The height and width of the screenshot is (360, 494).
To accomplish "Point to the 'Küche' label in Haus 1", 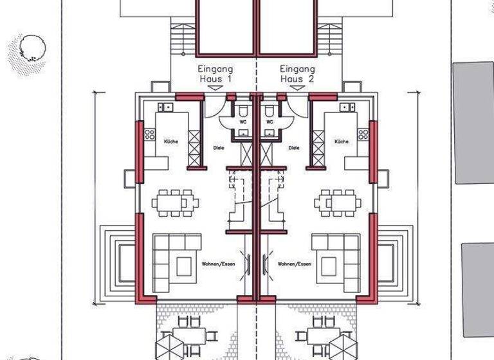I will (171, 141).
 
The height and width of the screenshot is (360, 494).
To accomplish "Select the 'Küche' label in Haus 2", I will (342, 141).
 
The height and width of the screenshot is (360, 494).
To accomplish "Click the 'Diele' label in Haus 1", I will (219, 147).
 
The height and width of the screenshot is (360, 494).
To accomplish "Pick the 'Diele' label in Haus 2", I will (294, 147).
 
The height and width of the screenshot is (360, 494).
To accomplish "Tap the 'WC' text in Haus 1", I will (243, 121).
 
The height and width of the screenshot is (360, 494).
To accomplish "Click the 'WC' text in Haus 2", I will (270, 121).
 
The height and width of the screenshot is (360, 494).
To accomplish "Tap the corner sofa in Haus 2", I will (335, 260).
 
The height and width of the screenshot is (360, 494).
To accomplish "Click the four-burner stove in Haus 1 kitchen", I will (150, 134).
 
